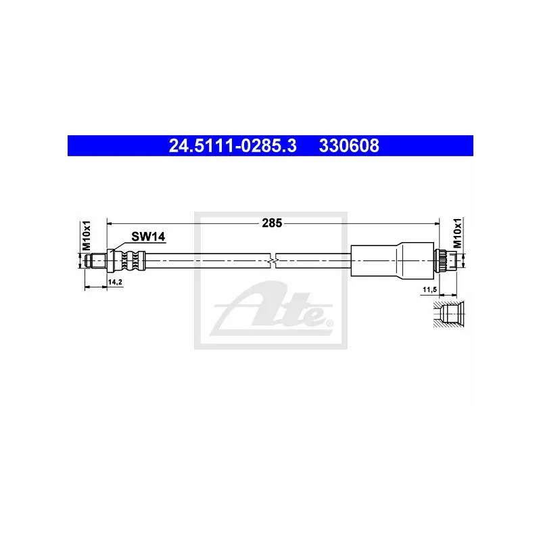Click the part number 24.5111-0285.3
pos(233,145)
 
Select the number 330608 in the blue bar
pos(349,145)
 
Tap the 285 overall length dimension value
pos(272,223)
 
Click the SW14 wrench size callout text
pos(148,236)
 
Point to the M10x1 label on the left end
pos(87,235)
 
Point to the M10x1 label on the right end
pos(457,233)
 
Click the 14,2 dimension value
pos(115,282)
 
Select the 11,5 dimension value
pos(430,290)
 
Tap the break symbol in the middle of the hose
pos(273,260)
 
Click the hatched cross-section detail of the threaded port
pos(449,314)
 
